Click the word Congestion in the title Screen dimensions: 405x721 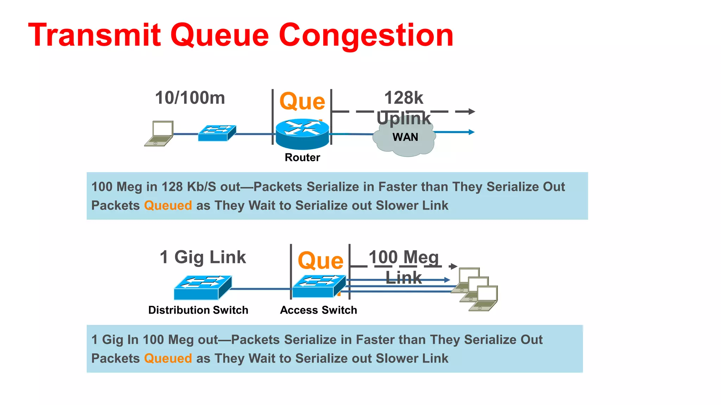(366, 35)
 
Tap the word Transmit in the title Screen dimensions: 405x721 (94, 35)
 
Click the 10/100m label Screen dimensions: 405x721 (190, 98)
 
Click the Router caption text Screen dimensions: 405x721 (302, 157)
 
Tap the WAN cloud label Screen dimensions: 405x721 (405, 137)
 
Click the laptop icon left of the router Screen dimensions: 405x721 (159, 134)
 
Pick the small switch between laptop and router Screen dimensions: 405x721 (217, 133)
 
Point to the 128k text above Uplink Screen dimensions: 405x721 (403, 98)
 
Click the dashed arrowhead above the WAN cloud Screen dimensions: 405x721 (472, 111)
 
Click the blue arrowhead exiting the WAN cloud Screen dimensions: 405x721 (472, 132)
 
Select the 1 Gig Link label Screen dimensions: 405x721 (202, 257)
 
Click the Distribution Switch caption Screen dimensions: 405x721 (198, 310)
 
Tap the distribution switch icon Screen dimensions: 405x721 (202, 287)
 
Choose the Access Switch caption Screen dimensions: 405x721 (318, 310)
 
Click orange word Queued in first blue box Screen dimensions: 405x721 (168, 205)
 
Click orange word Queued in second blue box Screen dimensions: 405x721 (168, 358)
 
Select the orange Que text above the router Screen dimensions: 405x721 (302, 102)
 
